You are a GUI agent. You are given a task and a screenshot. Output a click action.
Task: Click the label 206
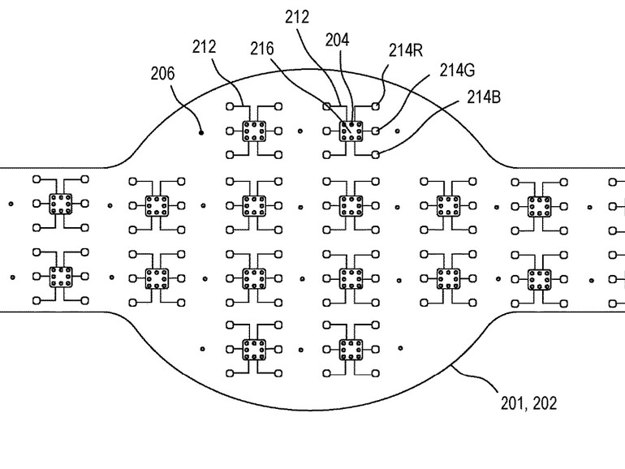point(163,74)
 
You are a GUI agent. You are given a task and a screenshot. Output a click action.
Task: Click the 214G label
point(457,70)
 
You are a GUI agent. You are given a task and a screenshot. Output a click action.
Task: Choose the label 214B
point(482,97)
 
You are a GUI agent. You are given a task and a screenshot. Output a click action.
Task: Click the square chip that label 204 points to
point(351,130)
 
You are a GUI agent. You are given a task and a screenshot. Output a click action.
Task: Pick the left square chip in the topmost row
point(253,130)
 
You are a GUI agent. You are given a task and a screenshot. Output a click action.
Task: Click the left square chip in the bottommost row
point(253,350)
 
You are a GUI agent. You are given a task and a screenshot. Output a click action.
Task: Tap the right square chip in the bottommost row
point(351,350)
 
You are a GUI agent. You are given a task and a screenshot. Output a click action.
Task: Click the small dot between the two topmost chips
point(300,130)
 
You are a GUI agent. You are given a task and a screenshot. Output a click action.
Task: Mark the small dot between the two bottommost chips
point(300,350)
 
